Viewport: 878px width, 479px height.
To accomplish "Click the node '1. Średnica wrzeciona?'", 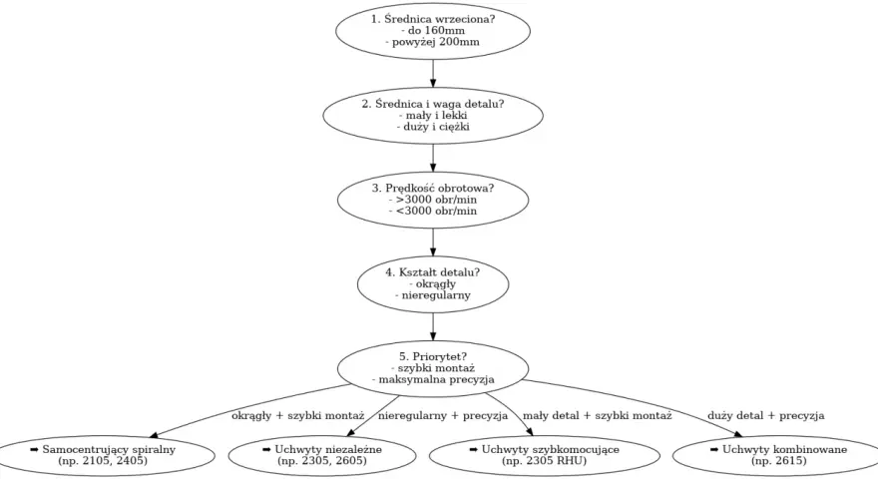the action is click(433, 31).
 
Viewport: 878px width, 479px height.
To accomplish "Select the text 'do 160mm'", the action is click(436, 31).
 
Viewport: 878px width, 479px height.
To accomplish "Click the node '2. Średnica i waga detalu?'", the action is click(433, 116).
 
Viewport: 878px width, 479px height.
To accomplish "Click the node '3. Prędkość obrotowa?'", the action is click(433, 200).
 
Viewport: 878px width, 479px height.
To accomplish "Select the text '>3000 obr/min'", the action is click(436, 200).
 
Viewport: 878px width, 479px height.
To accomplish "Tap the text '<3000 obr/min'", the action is click(436, 212).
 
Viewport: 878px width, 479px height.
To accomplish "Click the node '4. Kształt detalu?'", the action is click(433, 284).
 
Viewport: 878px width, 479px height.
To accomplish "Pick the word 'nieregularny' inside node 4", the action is click(436, 295).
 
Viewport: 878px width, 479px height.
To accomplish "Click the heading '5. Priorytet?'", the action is click(433, 357).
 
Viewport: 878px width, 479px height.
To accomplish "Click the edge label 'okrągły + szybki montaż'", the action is click(298, 416).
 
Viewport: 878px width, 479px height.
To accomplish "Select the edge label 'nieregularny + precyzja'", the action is click(443, 416).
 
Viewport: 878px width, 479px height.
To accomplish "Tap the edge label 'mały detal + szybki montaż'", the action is click(597, 416).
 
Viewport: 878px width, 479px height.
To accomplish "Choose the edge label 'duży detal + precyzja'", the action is click(765, 416).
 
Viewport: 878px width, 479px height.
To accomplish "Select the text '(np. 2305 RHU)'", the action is click(545, 461).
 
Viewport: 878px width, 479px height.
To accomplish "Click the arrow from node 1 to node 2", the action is click(433, 74).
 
